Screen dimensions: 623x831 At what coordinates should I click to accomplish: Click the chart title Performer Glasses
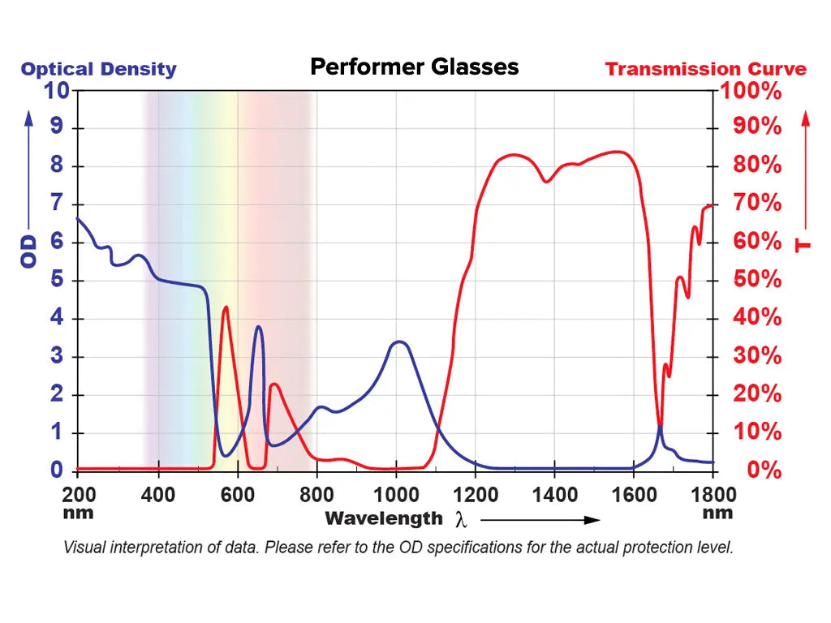(414, 67)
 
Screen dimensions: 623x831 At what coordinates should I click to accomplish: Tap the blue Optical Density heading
(98, 69)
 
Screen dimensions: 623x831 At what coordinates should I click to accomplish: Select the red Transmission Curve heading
(705, 69)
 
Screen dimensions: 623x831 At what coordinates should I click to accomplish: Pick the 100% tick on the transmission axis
(757, 90)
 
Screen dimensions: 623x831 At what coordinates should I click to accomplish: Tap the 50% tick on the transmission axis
(757, 281)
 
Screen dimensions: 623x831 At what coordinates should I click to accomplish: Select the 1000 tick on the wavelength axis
(396, 495)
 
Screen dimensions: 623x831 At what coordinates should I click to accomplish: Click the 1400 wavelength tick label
(554, 495)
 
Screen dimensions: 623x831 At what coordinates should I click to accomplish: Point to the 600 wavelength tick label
(238, 495)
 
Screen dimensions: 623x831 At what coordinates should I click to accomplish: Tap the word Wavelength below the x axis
(384, 518)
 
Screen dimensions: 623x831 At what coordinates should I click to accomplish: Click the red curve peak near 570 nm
(225, 307)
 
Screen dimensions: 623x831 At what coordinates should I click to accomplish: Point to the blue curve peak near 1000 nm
(399, 342)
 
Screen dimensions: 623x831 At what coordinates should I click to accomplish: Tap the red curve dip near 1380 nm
(546, 182)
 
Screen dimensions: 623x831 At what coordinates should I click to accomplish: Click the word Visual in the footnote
(82, 548)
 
